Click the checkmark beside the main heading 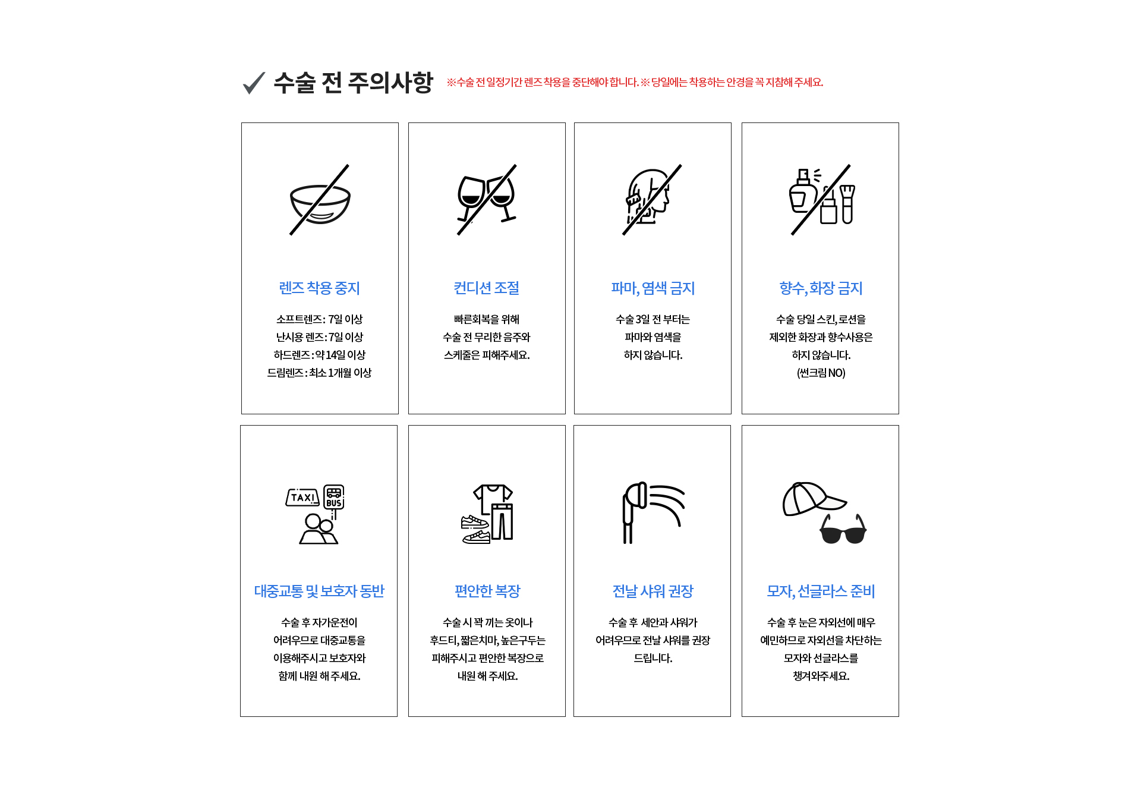(254, 83)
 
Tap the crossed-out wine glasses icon (486, 199)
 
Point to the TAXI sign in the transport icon (302, 498)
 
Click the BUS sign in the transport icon (334, 497)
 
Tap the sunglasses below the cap (843, 531)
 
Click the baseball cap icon (809, 499)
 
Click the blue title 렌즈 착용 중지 (320, 288)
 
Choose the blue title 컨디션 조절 (487, 288)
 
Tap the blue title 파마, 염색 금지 (653, 288)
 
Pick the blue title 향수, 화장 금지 (821, 288)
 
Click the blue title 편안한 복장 (487, 591)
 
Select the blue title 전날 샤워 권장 (653, 591)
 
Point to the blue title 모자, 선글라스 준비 (821, 591)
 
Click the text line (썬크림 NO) (821, 373)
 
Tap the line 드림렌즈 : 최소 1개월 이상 (320, 373)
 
